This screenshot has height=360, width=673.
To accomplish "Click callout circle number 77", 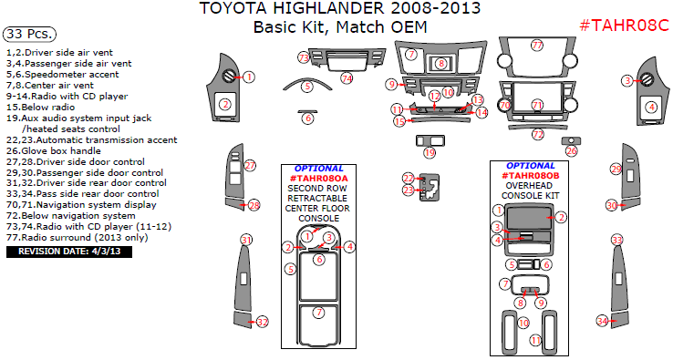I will pyautogui.click(x=536, y=45).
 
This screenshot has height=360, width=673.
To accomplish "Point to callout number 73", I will pyautogui.click(x=303, y=57).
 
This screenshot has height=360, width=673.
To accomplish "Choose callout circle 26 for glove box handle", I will pyautogui.click(x=571, y=150).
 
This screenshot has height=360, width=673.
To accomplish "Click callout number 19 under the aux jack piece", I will pyautogui.click(x=429, y=153).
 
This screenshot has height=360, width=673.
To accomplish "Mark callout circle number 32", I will pyautogui.click(x=262, y=322).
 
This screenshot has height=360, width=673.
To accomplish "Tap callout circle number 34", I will pyautogui.click(x=602, y=320).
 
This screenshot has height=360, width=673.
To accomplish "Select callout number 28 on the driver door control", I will pyautogui.click(x=254, y=205).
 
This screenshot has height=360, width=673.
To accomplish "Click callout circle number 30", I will pyautogui.click(x=612, y=205).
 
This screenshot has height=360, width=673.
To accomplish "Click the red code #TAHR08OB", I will pyautogui.click(x=530, y=175).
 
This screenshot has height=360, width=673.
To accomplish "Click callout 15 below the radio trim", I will pyautogui.click(x=399, y=121).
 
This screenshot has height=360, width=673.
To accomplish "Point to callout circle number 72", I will pyautogui.click(x=538, y=134).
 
